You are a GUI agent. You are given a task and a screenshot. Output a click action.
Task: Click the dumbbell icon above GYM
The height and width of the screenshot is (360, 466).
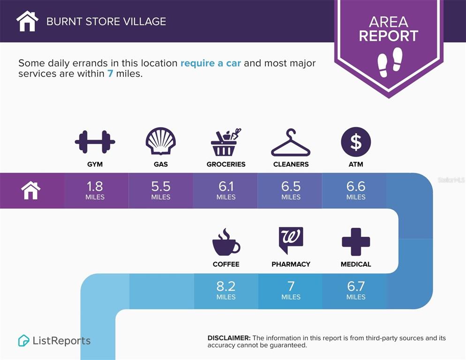click(95, 142)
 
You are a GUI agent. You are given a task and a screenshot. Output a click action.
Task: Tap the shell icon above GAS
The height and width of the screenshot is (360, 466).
click(161, 141)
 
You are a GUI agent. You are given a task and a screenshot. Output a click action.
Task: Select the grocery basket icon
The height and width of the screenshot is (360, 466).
click(225, 142)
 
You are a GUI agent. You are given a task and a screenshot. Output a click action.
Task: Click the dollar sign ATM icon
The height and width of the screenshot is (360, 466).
click(356, 142)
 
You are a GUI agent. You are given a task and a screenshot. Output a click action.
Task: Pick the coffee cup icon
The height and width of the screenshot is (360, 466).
click(226, 242)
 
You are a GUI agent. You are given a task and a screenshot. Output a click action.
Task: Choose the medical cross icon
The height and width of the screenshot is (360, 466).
click(356, 242)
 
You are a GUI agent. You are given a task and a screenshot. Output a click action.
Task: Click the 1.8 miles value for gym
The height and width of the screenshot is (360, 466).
click(95, 190)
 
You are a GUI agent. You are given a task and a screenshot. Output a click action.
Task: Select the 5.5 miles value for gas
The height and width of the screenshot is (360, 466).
click(161, 190)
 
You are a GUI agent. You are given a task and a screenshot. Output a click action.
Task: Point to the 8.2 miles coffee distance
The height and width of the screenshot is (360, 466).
click(226, 290)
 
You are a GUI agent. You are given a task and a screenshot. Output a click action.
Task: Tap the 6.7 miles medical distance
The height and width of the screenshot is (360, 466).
click(356, 290)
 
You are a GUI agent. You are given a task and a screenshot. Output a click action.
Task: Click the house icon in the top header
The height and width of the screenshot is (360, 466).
click(27, 21)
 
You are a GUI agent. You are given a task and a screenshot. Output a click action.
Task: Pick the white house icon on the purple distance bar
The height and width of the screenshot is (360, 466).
click(30, 191)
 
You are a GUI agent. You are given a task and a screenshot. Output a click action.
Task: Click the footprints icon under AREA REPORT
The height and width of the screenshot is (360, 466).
click(390, 62)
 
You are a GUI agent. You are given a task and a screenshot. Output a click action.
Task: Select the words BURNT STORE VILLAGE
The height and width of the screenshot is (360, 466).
click(106, 22)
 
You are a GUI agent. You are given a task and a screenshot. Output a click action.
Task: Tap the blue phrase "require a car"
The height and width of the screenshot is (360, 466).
click(210, 63)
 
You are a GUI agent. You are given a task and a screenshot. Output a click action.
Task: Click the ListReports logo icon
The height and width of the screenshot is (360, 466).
click(23, 341)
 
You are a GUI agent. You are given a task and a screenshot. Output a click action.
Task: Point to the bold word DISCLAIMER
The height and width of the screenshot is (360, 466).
click(229, 338)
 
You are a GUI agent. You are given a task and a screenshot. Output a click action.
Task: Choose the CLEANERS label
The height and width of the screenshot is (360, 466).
click(291, 164)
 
